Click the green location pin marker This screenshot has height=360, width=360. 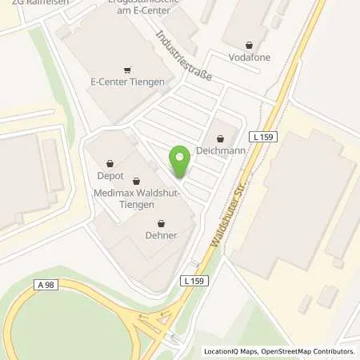(180, 162)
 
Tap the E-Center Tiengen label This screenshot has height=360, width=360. (128, 82)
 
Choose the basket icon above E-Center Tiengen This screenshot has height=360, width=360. (128, 69)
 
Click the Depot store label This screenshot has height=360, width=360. (110, 175)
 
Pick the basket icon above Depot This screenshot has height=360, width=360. (110, 162)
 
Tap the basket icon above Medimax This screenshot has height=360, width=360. (136, 181)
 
